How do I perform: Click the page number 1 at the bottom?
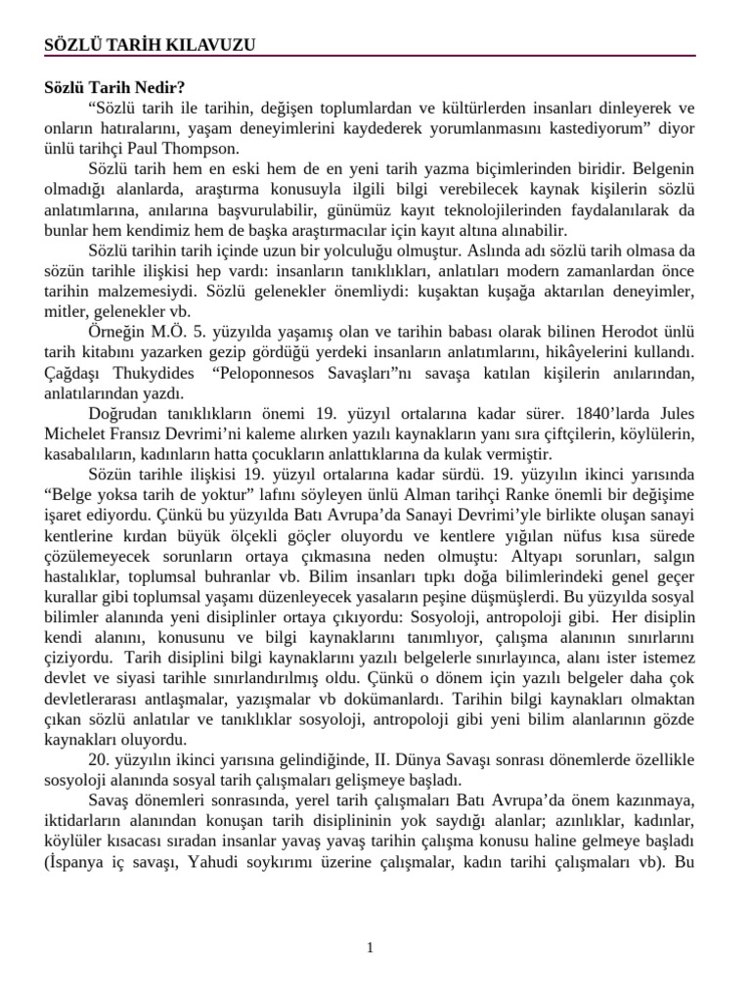tap(371, 947)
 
